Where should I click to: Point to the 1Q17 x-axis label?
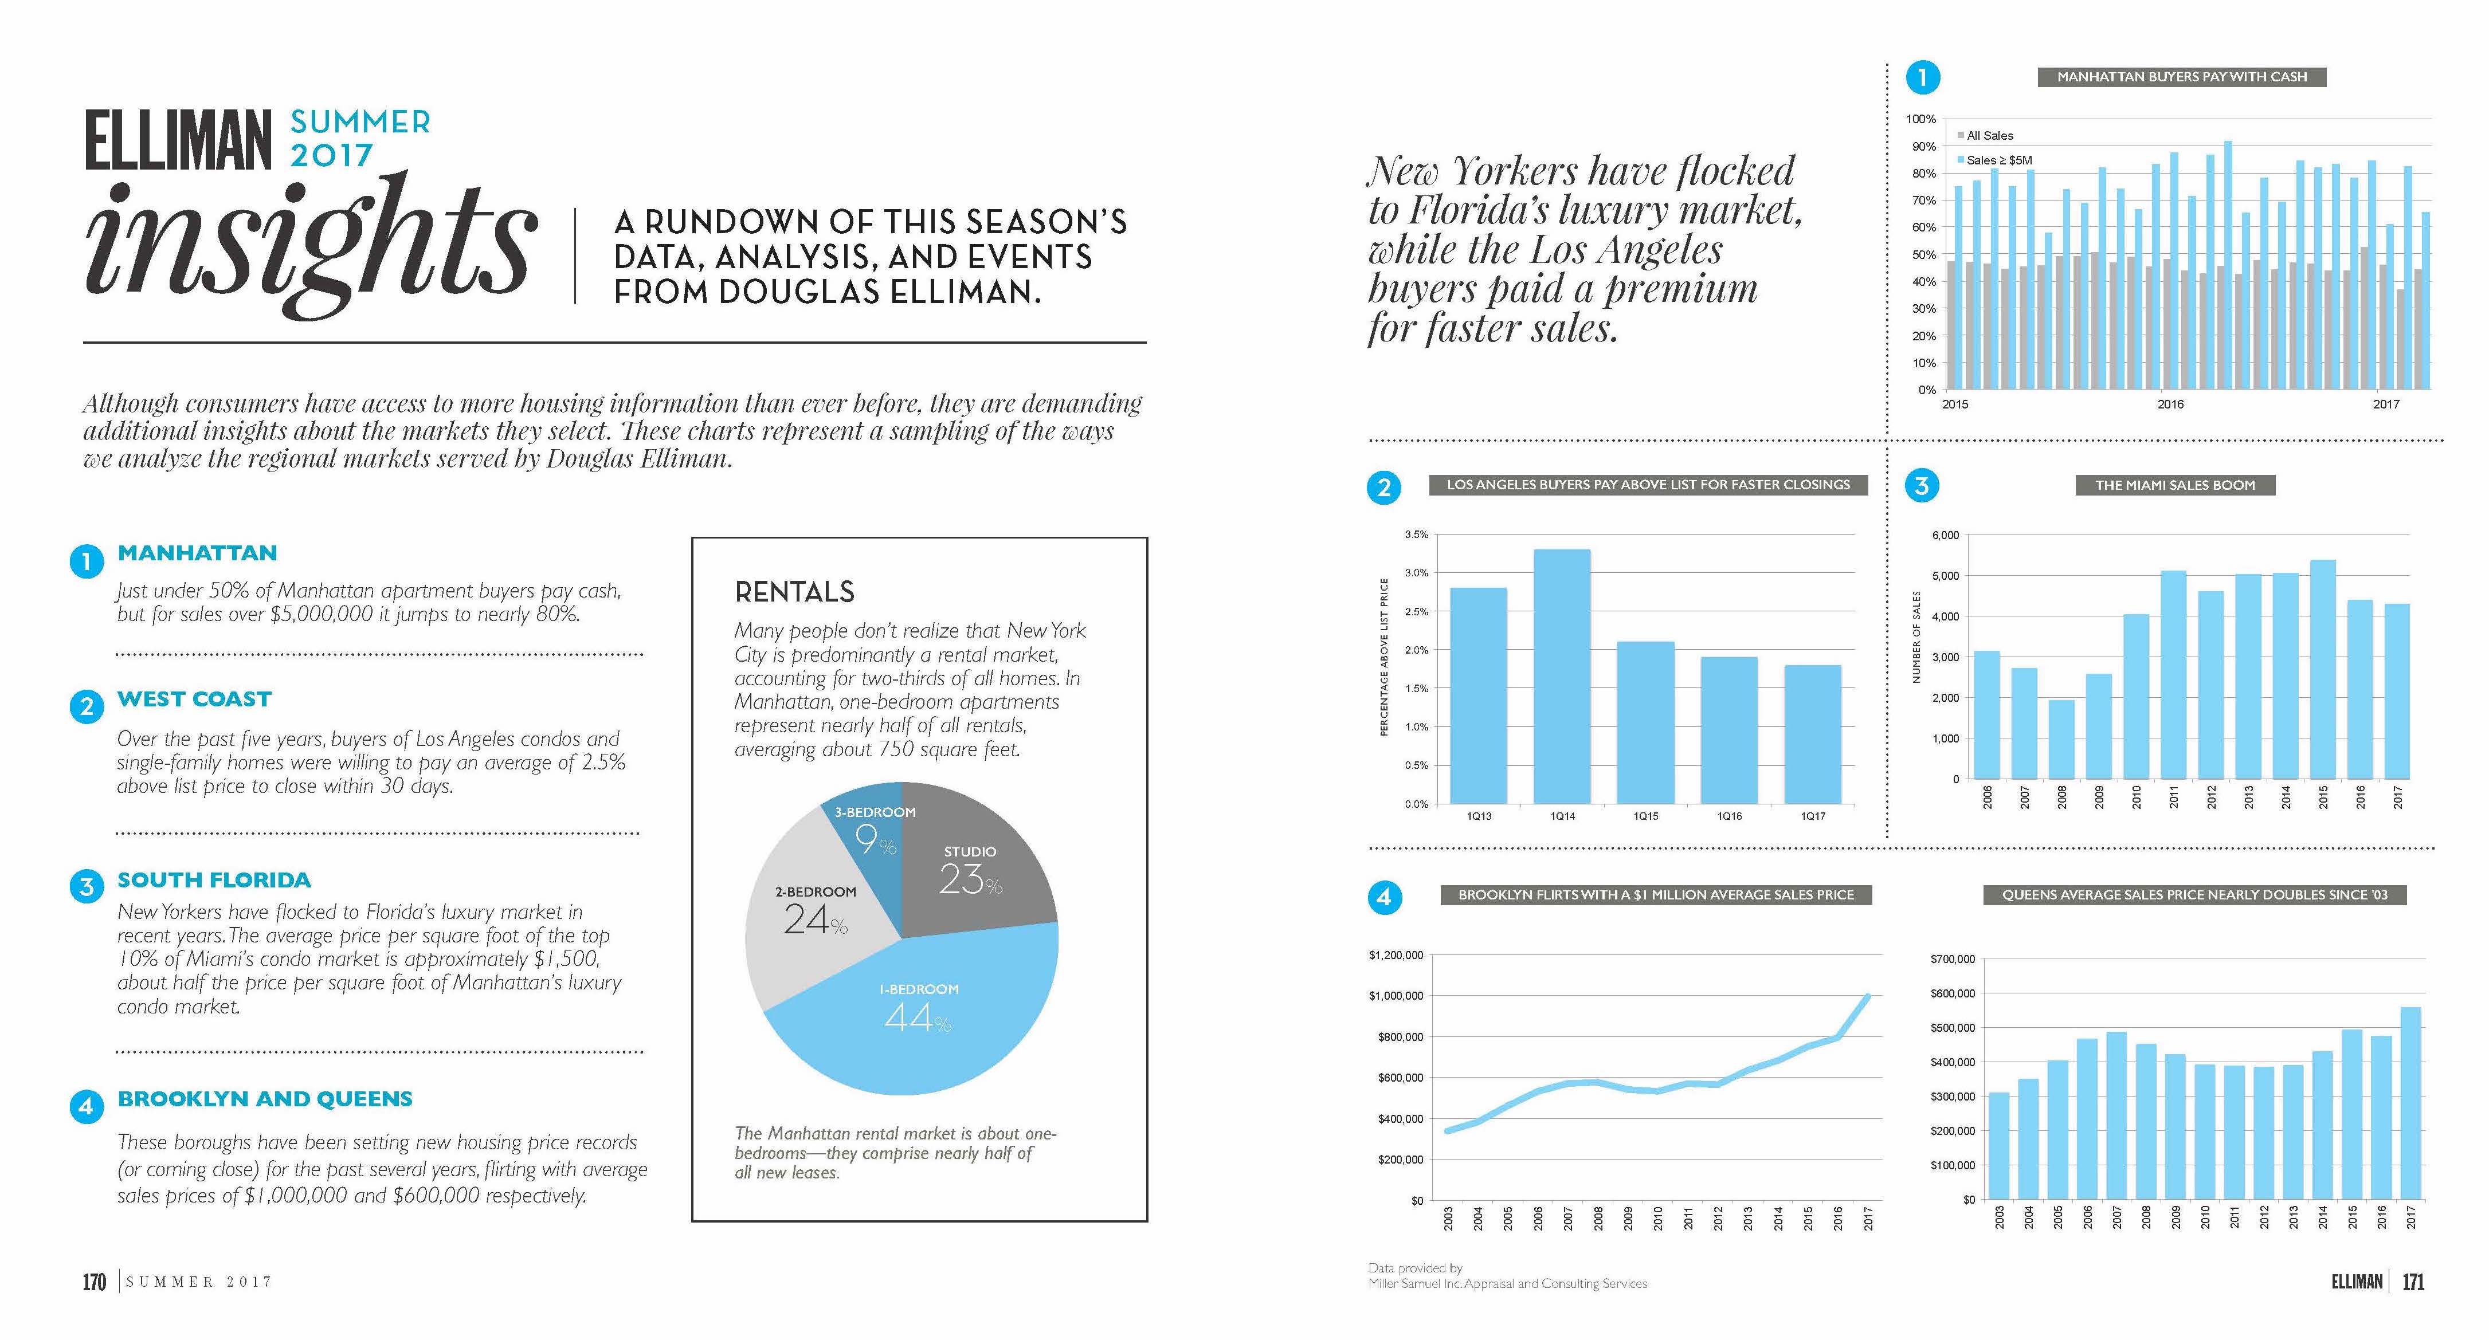tap(1813, 816)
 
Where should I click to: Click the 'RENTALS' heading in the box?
tap(794, 591)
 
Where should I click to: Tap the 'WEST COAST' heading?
tap(194, 698)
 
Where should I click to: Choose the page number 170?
tap(94, 1282)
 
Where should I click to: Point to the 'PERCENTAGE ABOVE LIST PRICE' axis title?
tap(1383, 657)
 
